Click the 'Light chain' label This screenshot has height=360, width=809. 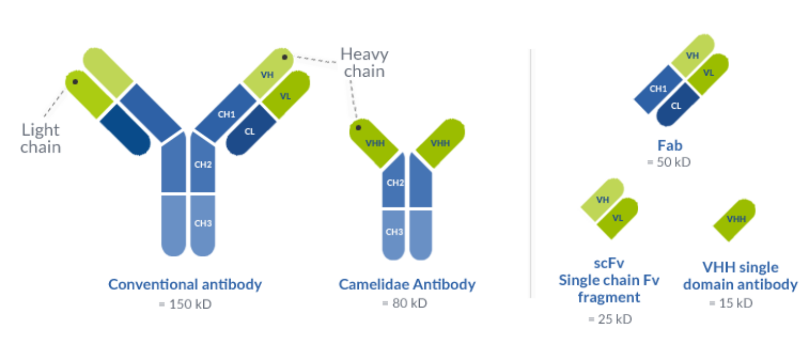[x=41, y=138]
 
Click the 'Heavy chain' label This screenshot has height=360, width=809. [x=364, y=62]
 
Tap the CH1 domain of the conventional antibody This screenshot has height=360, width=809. [x=226, y=114]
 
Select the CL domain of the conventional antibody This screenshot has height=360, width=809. [x=250, y=131]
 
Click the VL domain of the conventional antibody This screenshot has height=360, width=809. [x=286, y=96]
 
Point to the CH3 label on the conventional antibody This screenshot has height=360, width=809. [x=203, y=223]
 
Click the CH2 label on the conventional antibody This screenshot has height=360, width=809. [x=203, y=164]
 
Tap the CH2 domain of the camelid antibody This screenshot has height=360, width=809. [x=395, y=183]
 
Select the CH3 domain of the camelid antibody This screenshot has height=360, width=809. [x=395, y=232]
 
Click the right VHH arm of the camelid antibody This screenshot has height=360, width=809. [x=440, y=143]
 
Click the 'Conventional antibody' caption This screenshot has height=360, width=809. [x=185, y=285]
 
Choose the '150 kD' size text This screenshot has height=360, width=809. [x=185, y=304]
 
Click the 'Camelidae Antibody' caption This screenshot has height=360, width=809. [x=407, y=285]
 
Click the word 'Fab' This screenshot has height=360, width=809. [x=669, y=146]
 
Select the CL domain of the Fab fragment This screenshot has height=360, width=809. [x=676, y=106]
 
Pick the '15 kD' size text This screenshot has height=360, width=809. [x=731, y=303]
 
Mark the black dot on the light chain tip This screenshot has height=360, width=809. [x=76, y=82]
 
